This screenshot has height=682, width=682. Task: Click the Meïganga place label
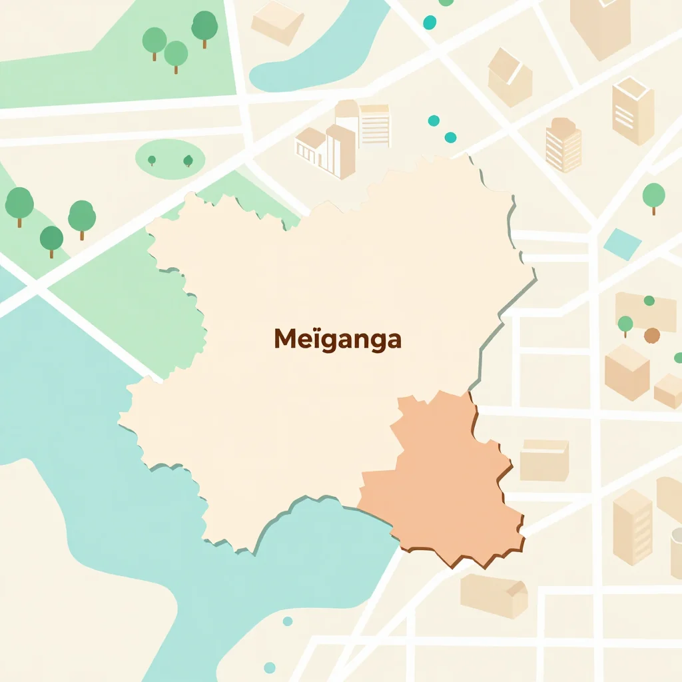(x=338, y=340)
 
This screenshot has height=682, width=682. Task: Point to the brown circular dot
(x=652, y=335)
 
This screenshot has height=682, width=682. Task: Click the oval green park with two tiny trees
(x=170, y=159)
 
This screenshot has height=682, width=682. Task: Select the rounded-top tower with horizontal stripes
(x=563, y=145)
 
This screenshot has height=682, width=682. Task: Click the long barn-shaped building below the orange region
(x=494, y=595)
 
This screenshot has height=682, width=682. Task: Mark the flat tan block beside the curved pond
(x=278, y=22)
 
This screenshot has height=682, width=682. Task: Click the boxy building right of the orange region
(x=544, y=460)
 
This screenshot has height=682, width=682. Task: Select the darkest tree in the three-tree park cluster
(x=204, y=27)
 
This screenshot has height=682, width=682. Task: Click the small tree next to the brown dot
(x=625, y=325)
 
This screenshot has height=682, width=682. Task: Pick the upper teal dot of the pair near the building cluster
(x=434, y=121)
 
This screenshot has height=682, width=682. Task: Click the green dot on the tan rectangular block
(x=649, y=301)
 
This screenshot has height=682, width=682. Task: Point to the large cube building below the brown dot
(x=627, y=372)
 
